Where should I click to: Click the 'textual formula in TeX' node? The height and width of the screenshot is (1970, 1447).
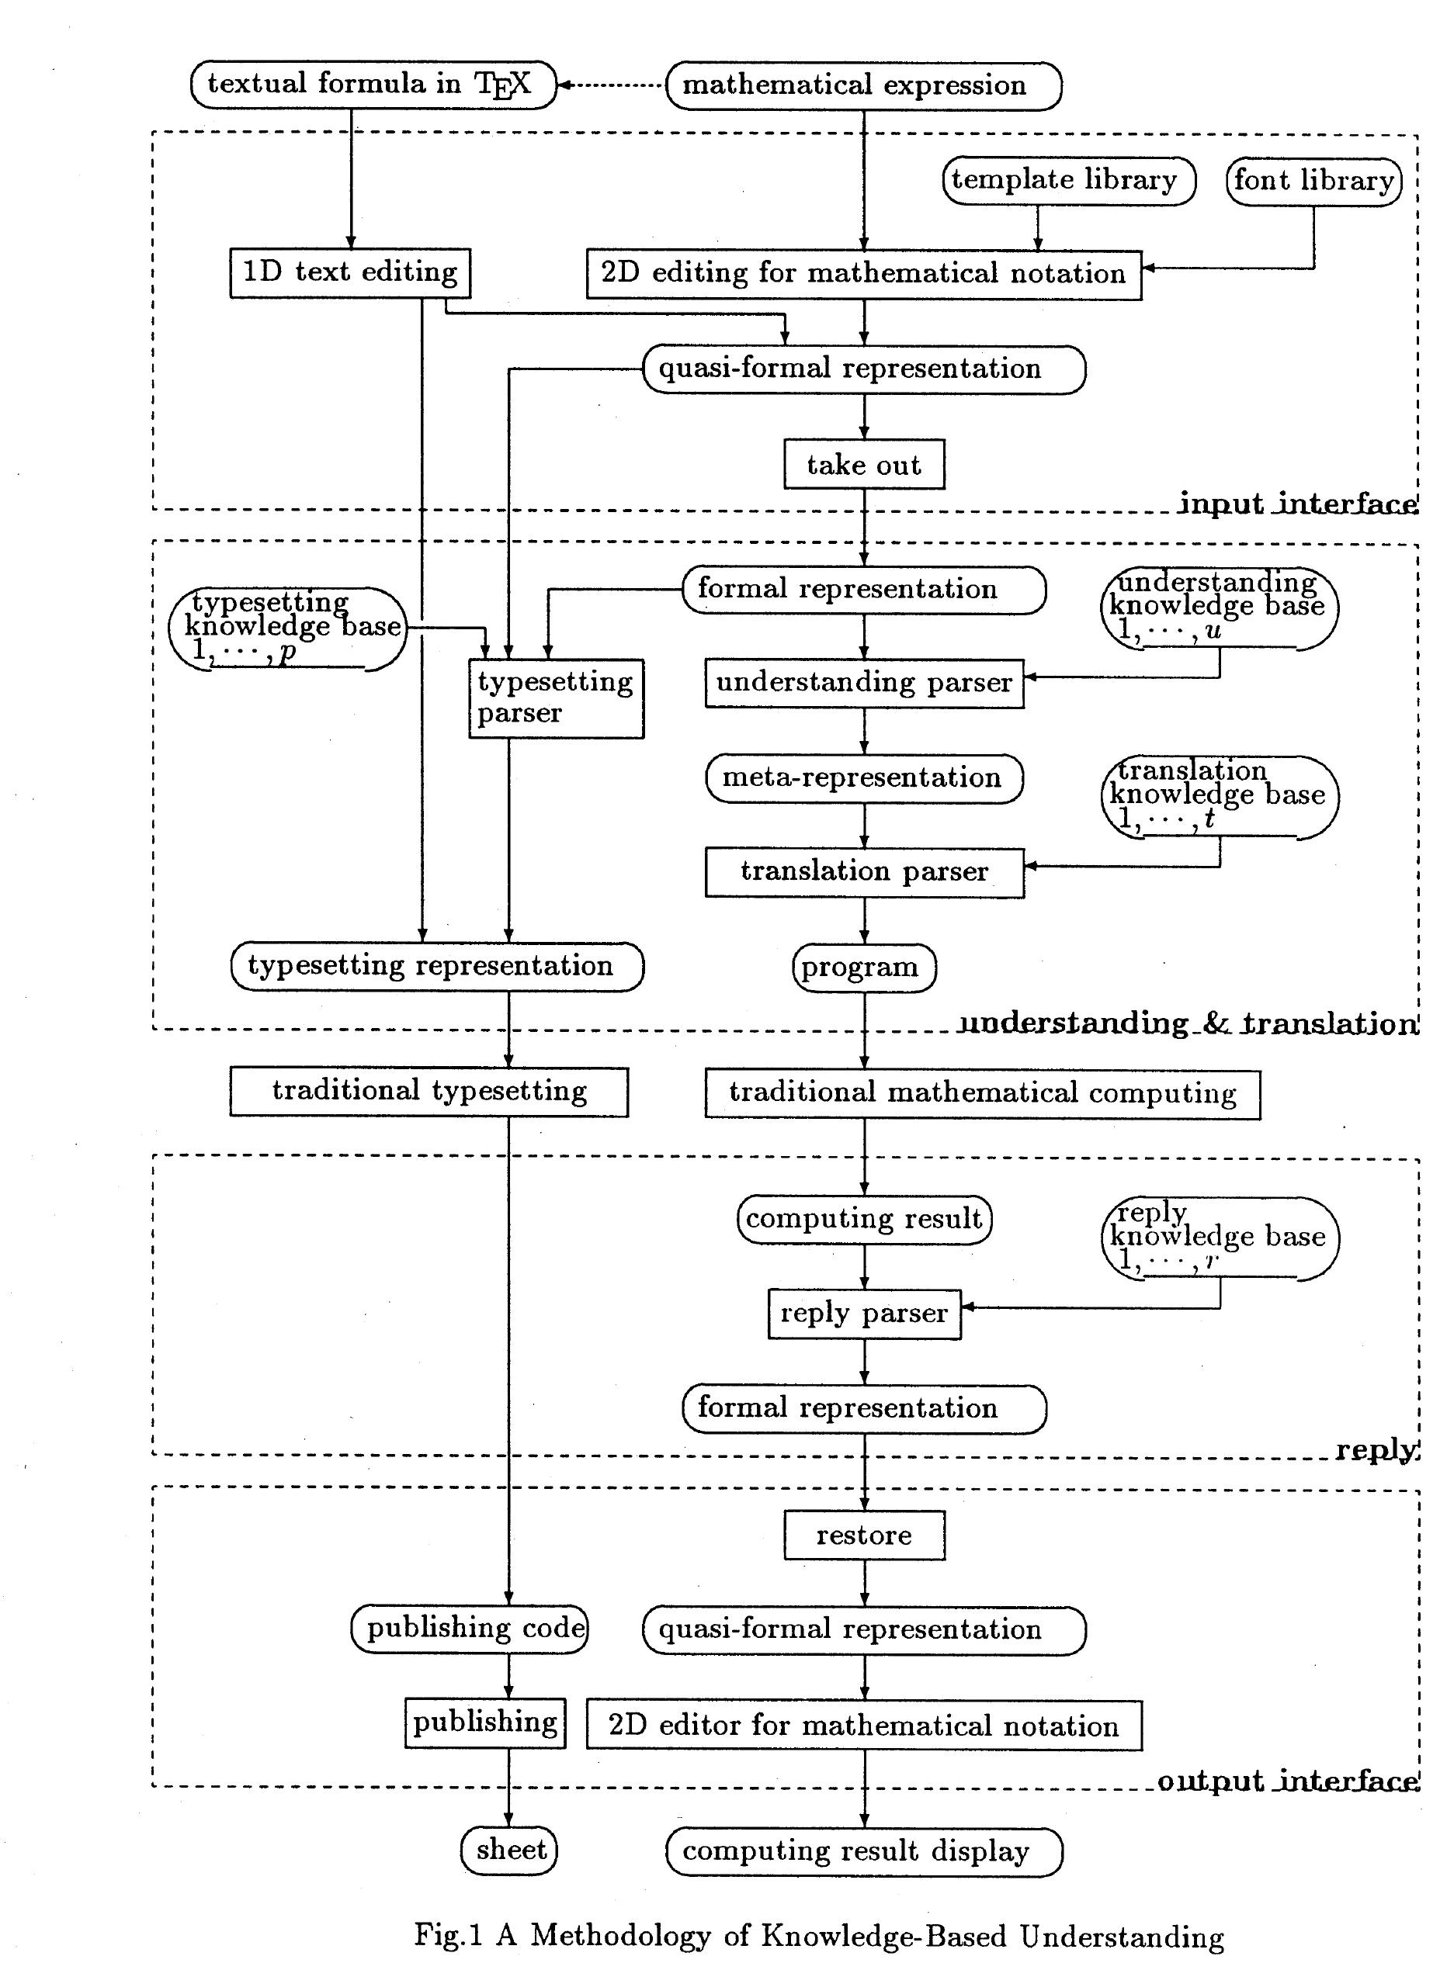click(x=373, y=84)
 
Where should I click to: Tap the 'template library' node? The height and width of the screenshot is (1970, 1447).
click(x=1069, y=180)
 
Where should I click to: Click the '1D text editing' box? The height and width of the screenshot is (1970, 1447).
click(x=350, y=272)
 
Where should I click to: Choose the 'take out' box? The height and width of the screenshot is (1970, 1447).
click(x=864, y=464)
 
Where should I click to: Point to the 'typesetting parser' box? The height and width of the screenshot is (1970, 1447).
click(x=555, y=698)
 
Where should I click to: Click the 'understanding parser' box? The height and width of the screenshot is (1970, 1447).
click(x=864, y=683)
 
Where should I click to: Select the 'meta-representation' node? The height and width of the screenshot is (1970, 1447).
click(x=864, y=777)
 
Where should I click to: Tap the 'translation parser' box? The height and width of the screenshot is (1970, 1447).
click(x=864, y=872)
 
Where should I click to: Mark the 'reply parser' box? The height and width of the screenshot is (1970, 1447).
click(x=864, y=1314)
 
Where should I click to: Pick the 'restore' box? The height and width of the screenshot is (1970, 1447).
click(x=864, y=1535)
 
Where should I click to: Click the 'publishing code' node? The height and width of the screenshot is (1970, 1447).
click(x=470, y=1629)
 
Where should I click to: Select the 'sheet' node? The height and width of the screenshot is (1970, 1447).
click(x=509, y=1850)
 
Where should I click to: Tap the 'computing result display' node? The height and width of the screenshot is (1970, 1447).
click(x=864, y=1851)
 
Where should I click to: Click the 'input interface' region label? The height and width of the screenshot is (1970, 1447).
click(x=1296, y=504)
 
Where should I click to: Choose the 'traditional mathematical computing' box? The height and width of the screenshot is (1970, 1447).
click(x=982, y=1093)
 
